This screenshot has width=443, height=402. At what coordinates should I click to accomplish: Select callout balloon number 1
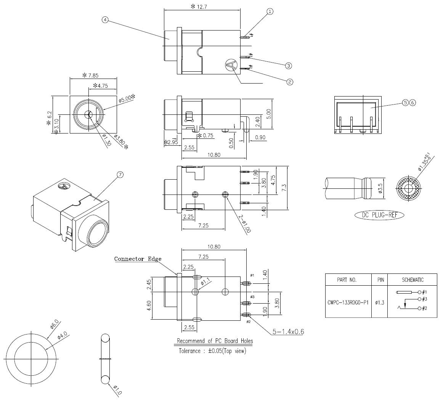pos(270,11)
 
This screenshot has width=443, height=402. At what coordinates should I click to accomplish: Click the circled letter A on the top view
pos(231,65)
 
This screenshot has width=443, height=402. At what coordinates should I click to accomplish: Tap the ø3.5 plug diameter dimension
pos(380,188)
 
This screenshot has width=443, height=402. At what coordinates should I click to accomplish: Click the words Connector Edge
pos(138,259)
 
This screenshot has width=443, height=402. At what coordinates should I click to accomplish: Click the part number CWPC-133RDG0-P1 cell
pos(348,303)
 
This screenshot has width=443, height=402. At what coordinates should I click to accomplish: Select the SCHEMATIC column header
pos(413,280)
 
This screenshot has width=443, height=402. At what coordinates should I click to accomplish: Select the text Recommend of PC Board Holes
pos(215,341)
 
